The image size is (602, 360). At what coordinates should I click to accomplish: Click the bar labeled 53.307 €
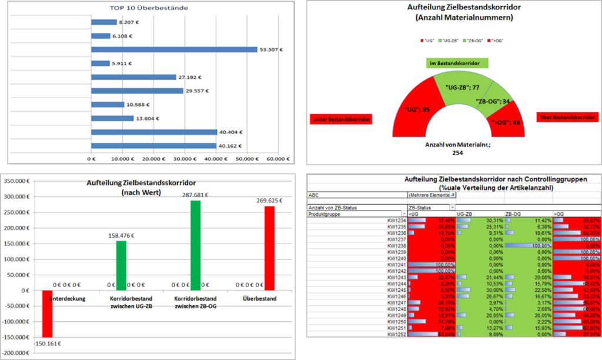174,49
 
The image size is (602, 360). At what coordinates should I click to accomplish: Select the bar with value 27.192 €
133,77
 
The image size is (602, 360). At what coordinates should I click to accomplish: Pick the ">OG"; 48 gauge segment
504,121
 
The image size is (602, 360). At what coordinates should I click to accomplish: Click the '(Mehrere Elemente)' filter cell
429,194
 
